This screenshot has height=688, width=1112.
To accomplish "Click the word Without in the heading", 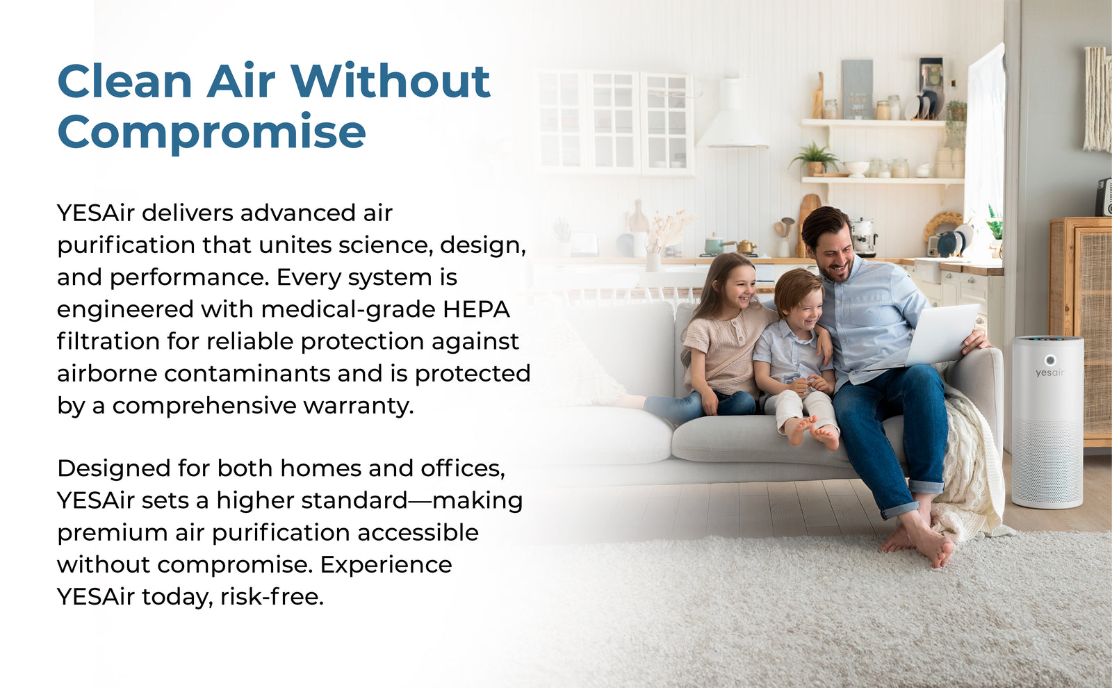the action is (391, 81).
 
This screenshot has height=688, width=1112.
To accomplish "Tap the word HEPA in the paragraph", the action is (477, 309).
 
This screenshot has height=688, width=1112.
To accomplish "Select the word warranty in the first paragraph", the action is (359, 406).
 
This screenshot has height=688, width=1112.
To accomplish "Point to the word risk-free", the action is (272, 596).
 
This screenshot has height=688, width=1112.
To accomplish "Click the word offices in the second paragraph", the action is (463, 468).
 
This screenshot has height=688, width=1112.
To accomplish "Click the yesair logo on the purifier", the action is (1049, 372).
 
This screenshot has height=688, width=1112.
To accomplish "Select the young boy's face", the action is (800, 309).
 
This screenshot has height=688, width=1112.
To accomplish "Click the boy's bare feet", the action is (812, 432).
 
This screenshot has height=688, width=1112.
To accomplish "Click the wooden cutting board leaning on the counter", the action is (807, 223).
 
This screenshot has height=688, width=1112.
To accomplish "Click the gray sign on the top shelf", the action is (856, 90).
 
